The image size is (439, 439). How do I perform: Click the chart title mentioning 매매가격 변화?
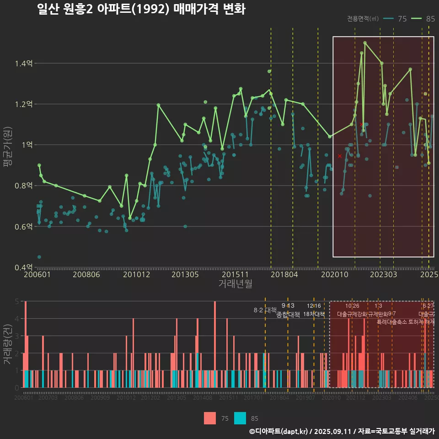(141, 10)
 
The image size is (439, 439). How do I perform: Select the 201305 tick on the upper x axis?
(185, 275)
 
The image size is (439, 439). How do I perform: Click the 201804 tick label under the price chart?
(284, 275)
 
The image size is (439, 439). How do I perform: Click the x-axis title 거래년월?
(235, 284)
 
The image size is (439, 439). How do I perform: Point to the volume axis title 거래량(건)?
(8, 344)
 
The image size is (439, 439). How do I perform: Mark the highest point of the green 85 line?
(365, 43)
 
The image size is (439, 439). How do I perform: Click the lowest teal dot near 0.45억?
(39, 257)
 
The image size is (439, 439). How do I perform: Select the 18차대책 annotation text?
(314, 314)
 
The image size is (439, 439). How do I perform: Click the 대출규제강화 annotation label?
(352, 314)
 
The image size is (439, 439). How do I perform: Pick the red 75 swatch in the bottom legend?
(209, 418)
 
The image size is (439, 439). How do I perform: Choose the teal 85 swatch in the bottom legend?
(240, 418)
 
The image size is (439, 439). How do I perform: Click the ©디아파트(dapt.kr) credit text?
(278, 431)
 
